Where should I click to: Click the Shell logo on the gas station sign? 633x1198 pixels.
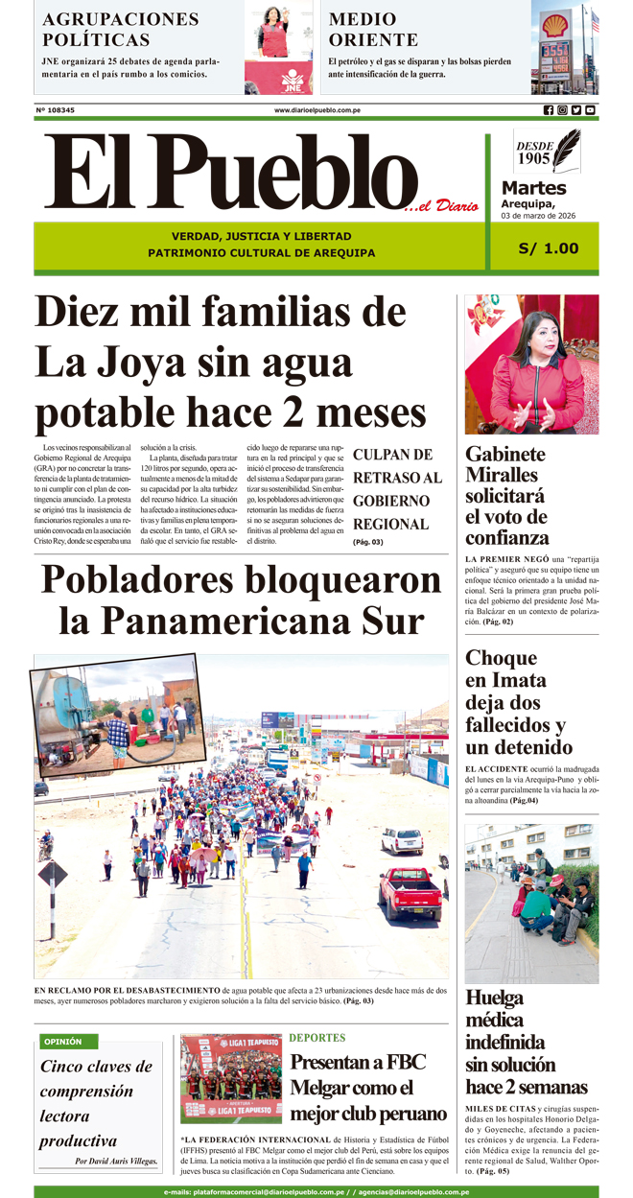(555, 25)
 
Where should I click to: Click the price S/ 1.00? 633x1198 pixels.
(549, 248)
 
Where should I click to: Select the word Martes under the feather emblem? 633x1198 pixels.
(533, 188)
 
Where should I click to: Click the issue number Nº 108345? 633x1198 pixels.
(56, 110)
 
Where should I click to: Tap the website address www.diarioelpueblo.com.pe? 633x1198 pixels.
(316, 110)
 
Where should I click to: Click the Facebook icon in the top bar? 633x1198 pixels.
(549, 110)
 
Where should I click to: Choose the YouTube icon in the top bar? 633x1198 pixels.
(590, 110)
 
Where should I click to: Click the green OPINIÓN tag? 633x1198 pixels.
(63, 1042)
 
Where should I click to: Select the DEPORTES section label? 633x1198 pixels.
(317, 1038)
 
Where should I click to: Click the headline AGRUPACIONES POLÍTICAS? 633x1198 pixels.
(121, 29)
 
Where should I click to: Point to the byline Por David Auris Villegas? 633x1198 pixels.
(116, 1162)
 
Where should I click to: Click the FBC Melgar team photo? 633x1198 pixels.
(230, 1079)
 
